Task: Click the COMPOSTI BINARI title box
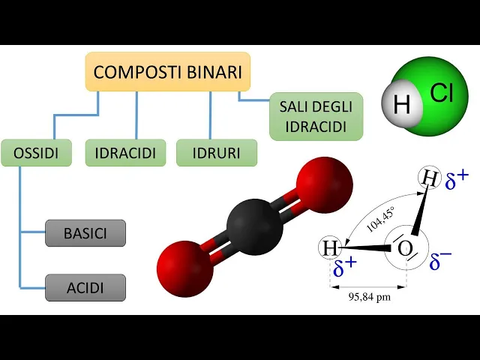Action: [x=168, y=73]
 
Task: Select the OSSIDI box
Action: [x=36, y=153]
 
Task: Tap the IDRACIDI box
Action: [x=125, y=153]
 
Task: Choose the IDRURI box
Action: [x=217, y=153]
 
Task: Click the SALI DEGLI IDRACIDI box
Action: [x=316, y=116]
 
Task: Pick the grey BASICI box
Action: [x=85, y=233]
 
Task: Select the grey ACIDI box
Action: [x=85, y=287]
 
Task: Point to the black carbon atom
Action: [x=254, y=223]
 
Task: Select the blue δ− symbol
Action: [x=440, y=259]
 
